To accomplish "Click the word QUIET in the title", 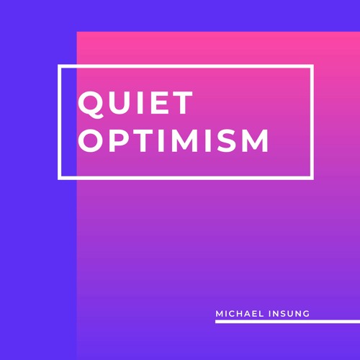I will [x=135, y=104].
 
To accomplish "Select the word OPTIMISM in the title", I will [x=174, y=140].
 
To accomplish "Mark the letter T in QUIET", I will [x=184, y=104].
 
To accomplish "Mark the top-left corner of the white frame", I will [x=59, y=66].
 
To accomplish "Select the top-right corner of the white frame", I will [x=312, y=66].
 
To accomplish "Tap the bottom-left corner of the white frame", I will [x=59, y=177].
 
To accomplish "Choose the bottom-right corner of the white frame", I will [x=312, y=177].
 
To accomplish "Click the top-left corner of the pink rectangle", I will [x=77, y=32].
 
